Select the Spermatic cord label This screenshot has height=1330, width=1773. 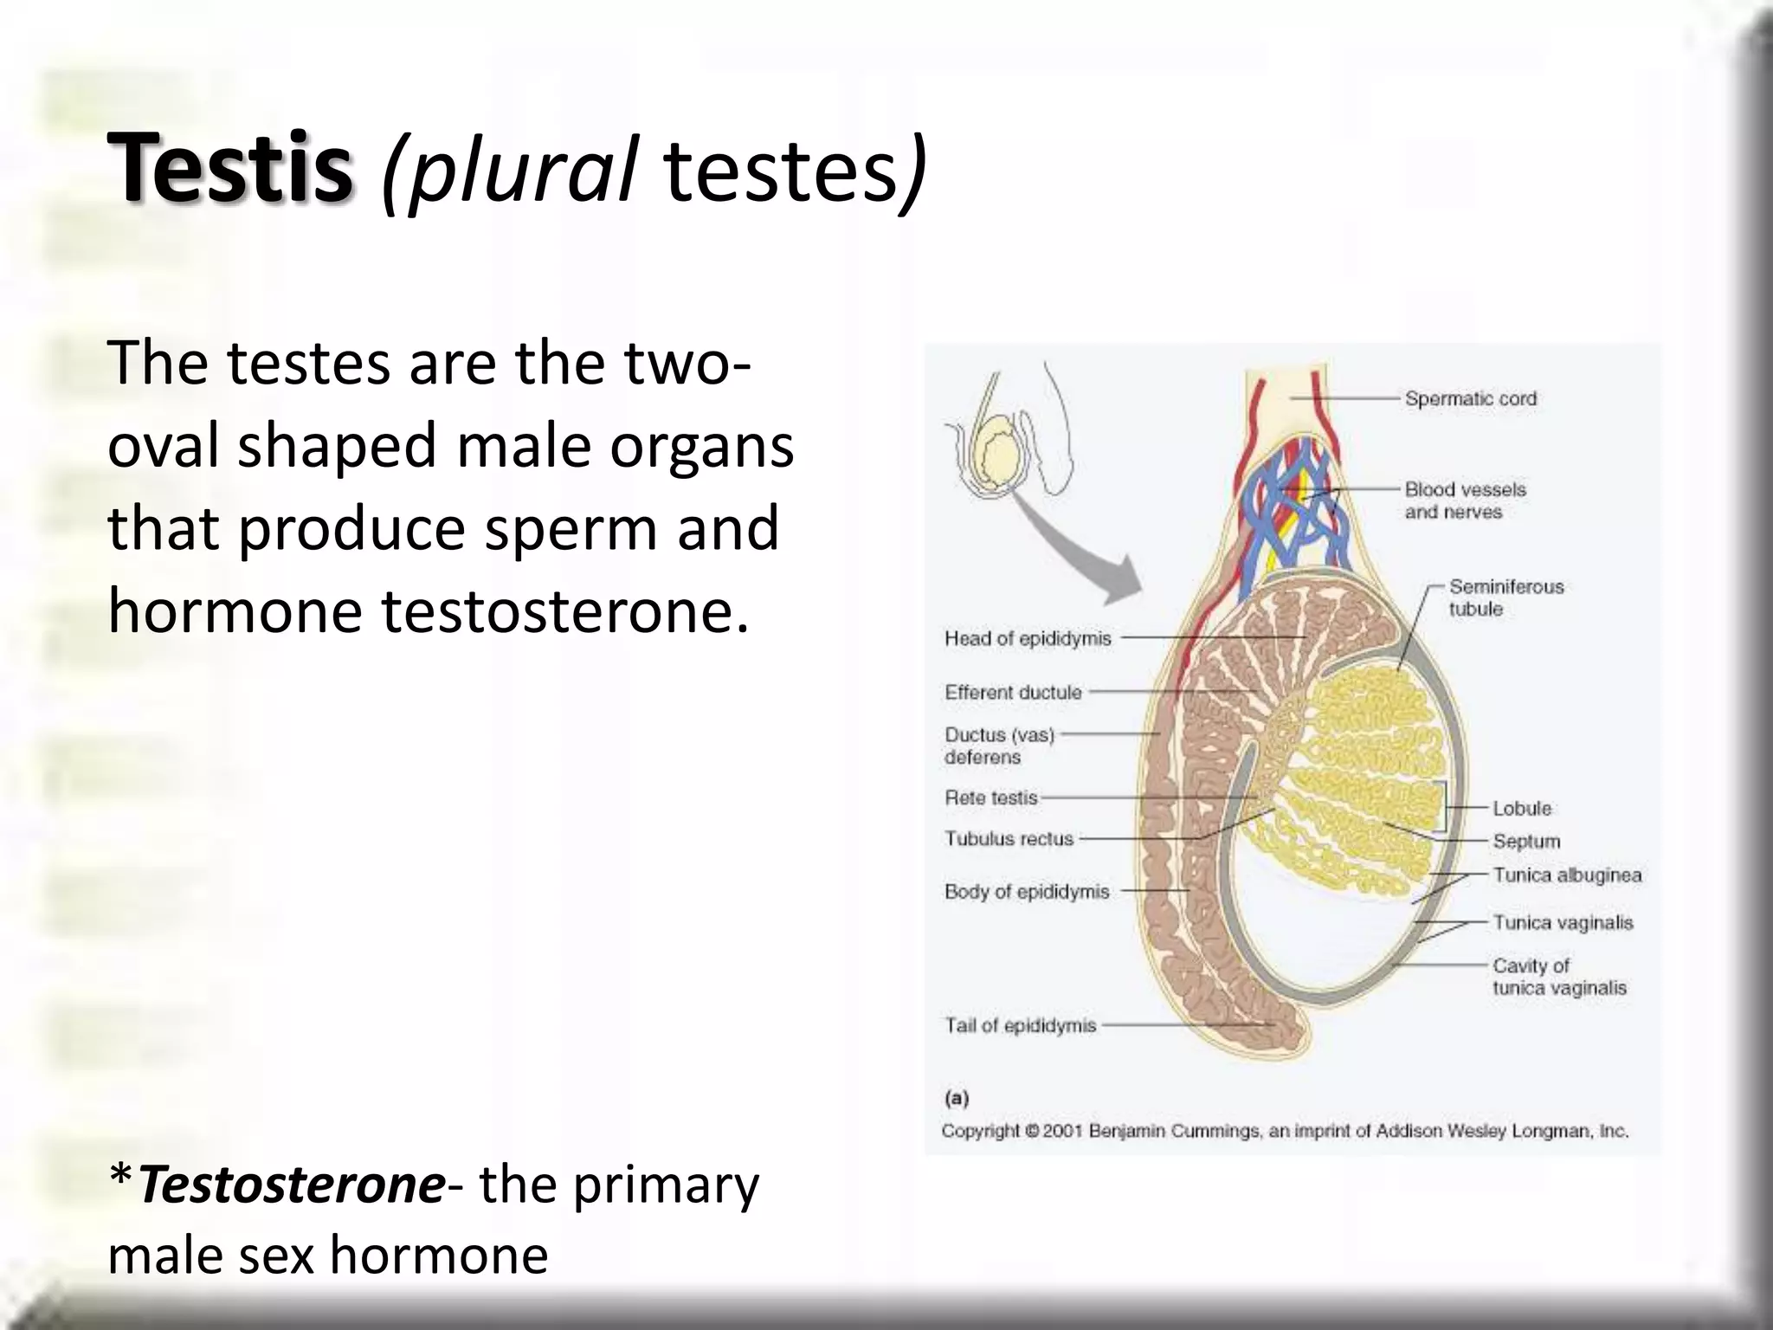click(x=1470, y=398)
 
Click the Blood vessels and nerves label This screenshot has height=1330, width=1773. click(x=1464, y=500)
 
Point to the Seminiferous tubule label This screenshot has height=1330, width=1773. click(x=1506, y=597)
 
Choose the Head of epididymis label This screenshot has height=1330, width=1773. click(x=1028, y=639)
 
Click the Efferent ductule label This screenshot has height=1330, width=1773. click(x=1013, y=693)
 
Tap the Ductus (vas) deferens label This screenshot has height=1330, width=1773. click(x=998, y=746)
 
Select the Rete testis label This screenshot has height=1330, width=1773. click(x=990, y=797)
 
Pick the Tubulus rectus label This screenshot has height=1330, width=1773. click(x=1009, y=839)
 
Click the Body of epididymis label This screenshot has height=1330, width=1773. click(x=1027, y=892)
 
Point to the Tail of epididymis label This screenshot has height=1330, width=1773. click(x=1020, y=1026)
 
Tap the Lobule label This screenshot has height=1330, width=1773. click(x=1521, y=808)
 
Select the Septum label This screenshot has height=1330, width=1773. click(x=1526, y=841)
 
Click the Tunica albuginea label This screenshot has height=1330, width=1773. click(x=1566, y=875)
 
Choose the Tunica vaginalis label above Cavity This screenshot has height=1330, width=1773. click(x=1562, y=923)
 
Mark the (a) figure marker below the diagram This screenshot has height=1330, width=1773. click(x=956, y=1099)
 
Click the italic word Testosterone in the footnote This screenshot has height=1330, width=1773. click(x=291, y=1185)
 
